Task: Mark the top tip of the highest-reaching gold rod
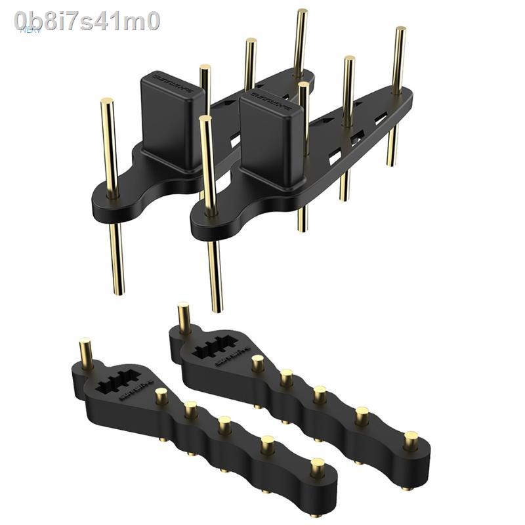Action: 301,12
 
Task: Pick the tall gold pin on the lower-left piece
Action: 85,354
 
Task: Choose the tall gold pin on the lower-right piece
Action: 184,318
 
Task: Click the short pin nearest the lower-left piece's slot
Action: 160,396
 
